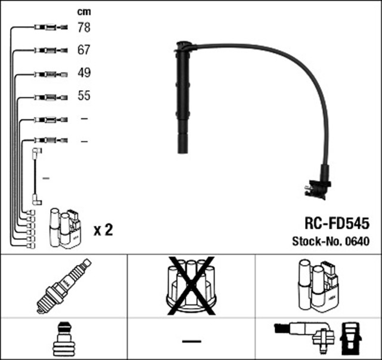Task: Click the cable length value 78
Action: pos(84,27)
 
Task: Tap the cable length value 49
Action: pos(84,73)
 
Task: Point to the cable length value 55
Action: pos(84,96)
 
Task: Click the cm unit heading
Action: pos(84,12)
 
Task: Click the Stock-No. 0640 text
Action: pos(331,242)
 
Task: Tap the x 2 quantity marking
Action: pos(103,230)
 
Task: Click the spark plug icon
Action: pos(64,285)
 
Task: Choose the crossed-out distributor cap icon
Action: pos(191,285)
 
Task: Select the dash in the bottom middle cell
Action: pos(191,340)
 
